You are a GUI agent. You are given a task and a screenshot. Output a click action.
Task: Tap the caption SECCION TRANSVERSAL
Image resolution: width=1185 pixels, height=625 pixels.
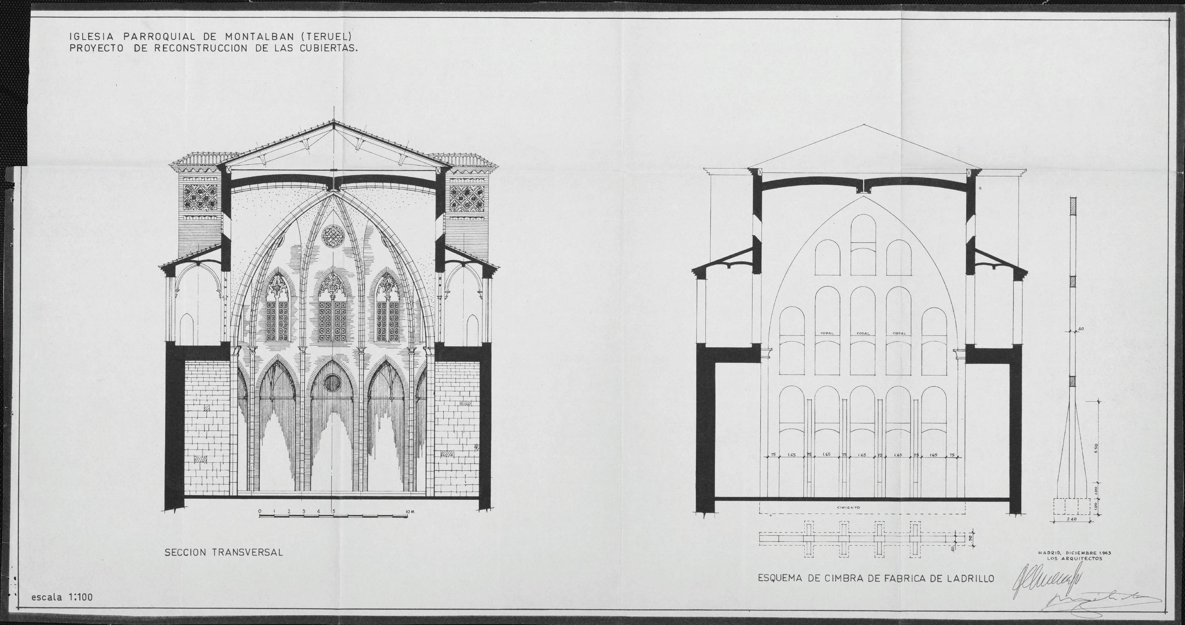pos(224,553)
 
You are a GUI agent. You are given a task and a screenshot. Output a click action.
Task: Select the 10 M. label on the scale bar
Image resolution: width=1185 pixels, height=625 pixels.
pos(411,511)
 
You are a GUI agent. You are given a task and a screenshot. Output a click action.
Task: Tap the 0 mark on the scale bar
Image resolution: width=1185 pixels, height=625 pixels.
pos(260,511)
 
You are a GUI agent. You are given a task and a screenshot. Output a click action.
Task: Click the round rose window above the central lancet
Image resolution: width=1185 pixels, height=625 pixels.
pos(332,235)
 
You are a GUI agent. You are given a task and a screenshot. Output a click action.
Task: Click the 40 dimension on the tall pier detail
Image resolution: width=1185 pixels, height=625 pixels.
pos(1081,328)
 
